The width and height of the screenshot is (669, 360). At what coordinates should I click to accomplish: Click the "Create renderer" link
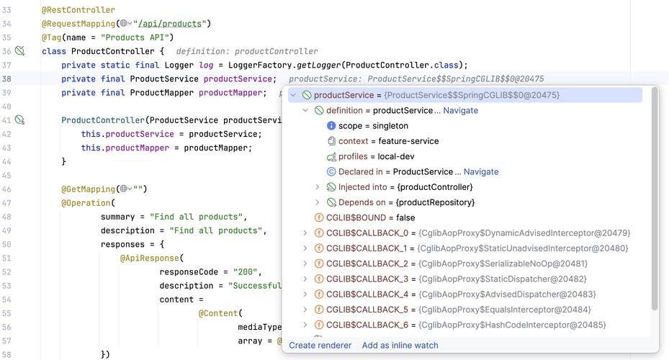(320, 346)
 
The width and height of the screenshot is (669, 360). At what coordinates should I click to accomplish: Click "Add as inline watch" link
(400, 346)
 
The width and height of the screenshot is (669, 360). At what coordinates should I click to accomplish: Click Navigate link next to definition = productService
(460, 111)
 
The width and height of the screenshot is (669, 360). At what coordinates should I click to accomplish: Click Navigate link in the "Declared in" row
(480, 172)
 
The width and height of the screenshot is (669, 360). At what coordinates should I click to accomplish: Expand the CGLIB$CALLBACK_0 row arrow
(306, 233)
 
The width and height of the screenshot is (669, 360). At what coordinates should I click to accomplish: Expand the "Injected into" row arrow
(318, 187)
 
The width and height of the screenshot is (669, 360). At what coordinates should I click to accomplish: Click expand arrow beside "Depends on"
(318, 203)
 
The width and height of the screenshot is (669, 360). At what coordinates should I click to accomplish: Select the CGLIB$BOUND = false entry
(370, 218)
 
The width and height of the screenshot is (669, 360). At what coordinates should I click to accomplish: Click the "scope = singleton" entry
(373, 126)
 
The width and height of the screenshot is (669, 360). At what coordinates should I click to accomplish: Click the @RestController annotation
(78, 10)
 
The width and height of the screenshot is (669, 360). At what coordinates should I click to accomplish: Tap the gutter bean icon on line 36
(20, 51)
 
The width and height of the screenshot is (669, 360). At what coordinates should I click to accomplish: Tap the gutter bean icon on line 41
(20, 120)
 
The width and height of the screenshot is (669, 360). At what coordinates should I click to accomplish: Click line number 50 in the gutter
(7, 244)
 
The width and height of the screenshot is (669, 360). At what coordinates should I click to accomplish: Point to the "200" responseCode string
(247, 272)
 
